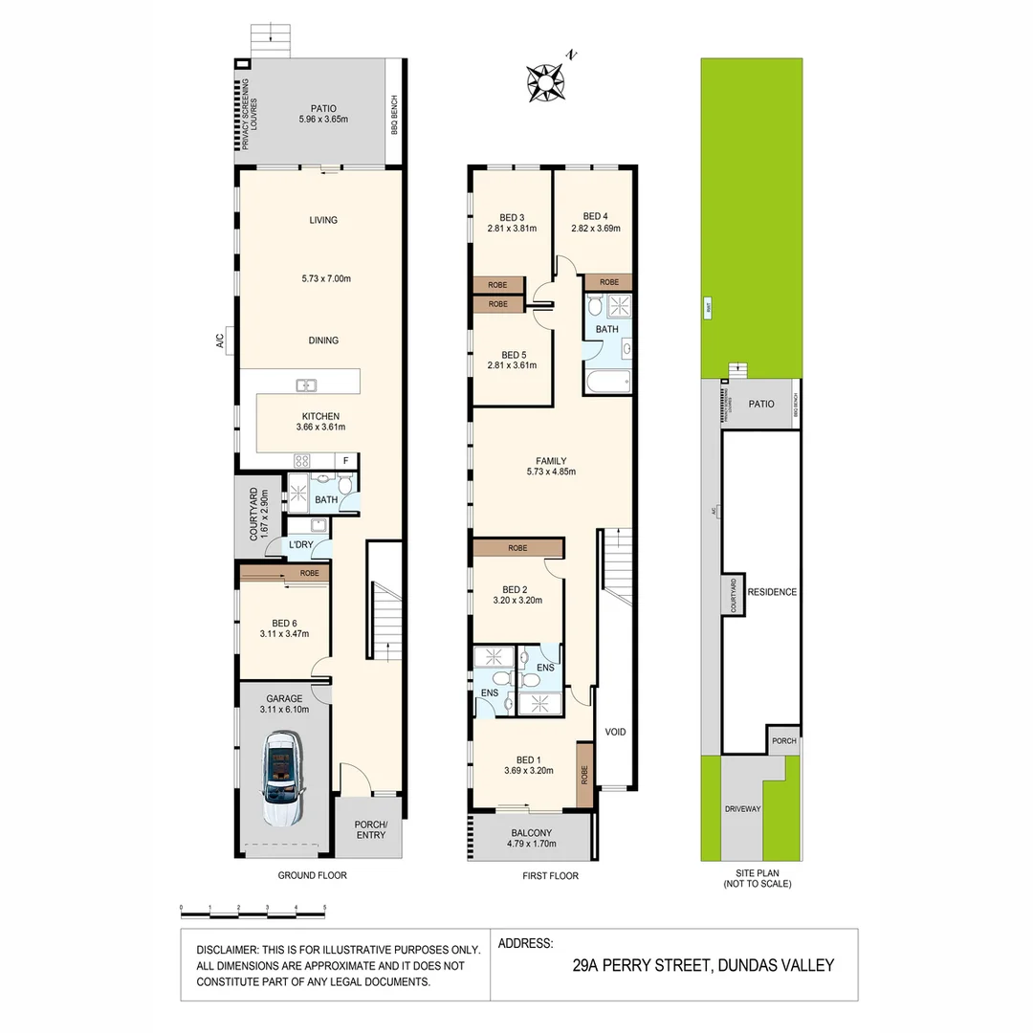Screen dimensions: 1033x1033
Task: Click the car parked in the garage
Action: point(283,780)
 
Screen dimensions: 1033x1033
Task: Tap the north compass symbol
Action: point(546,82)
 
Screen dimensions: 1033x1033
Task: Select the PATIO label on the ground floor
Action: point(322,109)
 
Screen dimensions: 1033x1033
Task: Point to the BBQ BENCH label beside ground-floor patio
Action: point(394,114)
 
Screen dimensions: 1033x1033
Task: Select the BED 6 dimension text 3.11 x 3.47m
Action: point(284,633)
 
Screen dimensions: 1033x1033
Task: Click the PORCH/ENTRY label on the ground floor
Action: point(370,829)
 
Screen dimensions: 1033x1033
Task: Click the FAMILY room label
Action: point(550,457)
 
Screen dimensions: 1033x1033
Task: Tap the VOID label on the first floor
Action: point(615,733)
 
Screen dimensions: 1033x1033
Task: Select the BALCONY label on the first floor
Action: point(531,833)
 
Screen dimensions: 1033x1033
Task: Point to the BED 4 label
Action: point(595,216)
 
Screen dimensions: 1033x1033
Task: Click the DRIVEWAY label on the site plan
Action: point(741,809)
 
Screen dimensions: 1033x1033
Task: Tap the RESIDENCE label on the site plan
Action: point(771,592)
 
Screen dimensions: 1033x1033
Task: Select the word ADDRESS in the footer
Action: point(525,943)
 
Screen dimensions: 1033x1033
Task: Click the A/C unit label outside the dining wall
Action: point(219,339)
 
